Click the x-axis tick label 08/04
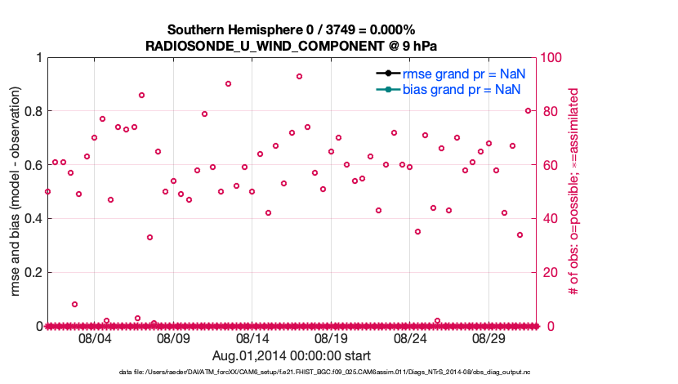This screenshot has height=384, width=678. tap(94, 338)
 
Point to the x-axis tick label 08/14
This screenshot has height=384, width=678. tap(252, 338)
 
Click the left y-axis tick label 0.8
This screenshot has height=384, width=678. tap(32, 111)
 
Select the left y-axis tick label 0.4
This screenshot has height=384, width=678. tap(32, 218)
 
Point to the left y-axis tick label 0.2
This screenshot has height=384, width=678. tap(32, 272)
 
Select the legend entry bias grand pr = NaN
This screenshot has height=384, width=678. tap(462, 88)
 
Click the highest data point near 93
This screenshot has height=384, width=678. tap(299, 77)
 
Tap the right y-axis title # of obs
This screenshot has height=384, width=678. tap(574, 192)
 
